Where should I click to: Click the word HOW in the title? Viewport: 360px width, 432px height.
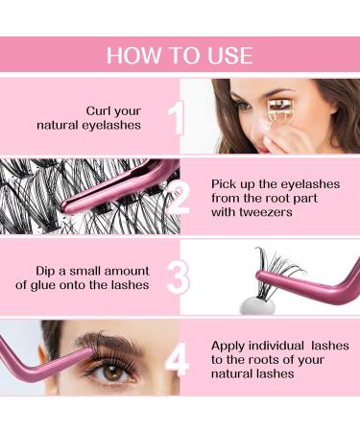132,55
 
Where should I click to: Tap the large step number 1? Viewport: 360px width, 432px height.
175,118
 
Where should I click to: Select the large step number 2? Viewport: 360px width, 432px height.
179,199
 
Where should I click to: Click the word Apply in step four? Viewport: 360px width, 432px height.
227,345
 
